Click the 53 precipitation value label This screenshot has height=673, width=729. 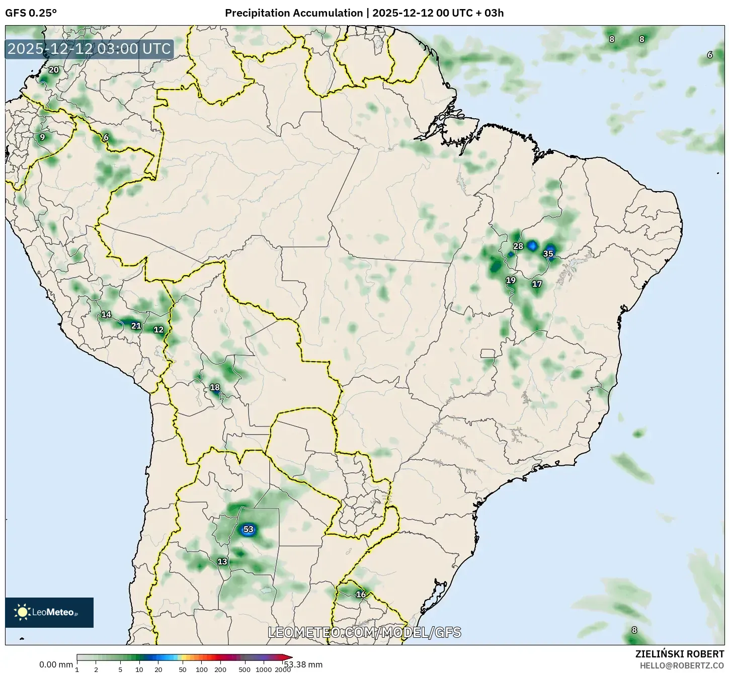tap(248, 529)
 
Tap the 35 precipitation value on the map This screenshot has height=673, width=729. tap(548, 254)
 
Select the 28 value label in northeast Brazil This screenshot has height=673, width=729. tap(518, 246)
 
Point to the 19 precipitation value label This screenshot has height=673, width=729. tap(511, 280)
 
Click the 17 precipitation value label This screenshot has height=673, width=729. tap(537, 284)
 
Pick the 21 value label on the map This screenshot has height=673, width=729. tap(136, 325)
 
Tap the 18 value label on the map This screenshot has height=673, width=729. tap(214, 387)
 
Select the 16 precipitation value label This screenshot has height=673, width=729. tap(361, 594)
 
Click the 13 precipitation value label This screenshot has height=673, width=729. tap(222, 561)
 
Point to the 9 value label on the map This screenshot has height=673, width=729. tap(42, 137)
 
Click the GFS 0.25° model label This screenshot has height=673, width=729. tap(31, 13)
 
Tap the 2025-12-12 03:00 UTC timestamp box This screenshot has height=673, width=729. tap(89, 49)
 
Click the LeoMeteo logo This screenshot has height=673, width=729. tap(49, 612)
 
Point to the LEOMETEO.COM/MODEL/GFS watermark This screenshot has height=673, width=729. tap(364, 632)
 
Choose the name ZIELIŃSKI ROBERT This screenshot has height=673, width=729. tap(679, 654)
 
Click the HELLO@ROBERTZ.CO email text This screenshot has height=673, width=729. tap(682, 665)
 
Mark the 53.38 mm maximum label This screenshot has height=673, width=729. tap(303, 664)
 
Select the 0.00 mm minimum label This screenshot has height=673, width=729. tap(56, 664)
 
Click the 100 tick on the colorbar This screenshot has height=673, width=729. tap(201, 669)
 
